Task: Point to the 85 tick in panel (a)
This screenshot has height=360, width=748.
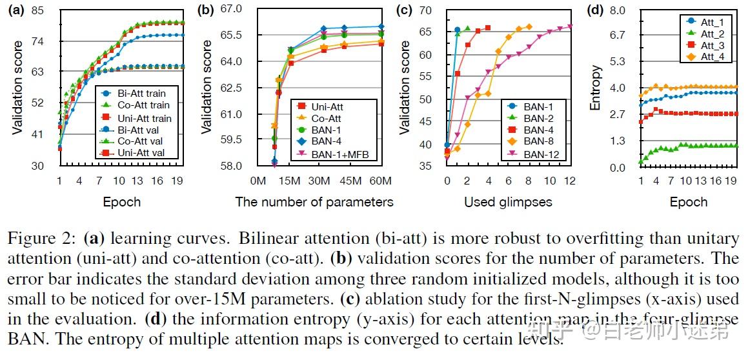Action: pos(37,10)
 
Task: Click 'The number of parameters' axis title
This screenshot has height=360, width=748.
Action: pos(314,202)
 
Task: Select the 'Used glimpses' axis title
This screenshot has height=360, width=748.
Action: pos(508,202)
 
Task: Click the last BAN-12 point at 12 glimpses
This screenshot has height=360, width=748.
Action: pos(570,26)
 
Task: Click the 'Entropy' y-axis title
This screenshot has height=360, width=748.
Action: pos(596,87)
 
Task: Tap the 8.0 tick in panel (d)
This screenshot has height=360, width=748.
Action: pos(618,10)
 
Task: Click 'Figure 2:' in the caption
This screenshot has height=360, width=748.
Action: pos(43,238)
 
